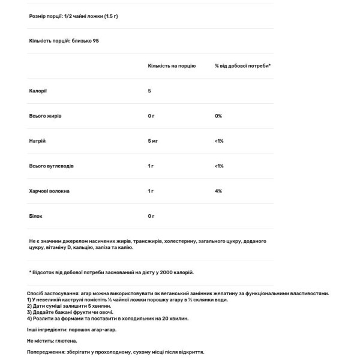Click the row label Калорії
(37, 91)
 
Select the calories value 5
(149, 91)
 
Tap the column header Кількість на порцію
(172, 65)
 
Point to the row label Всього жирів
(45, 115)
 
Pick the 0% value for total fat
(218, 115)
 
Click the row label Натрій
(37, 140)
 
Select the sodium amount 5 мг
(154, 140)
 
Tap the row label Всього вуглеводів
(52, 166)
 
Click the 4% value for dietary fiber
(218, 191)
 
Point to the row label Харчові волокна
(49, 191)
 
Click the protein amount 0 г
(151, 215)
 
